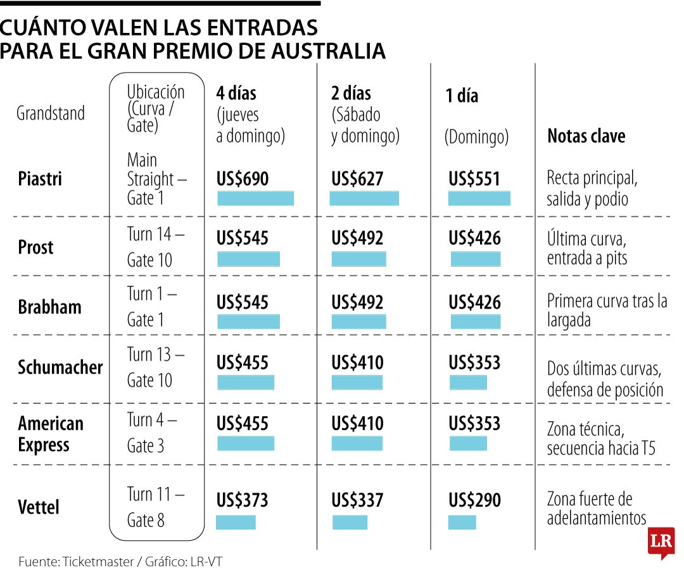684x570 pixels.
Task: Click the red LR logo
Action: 661,542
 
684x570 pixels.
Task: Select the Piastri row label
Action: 40,179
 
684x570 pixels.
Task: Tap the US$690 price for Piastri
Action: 243,179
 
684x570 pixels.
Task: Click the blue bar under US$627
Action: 364,198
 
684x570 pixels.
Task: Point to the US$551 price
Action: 474,179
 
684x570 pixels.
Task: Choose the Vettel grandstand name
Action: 39,507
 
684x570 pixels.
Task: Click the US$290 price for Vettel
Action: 474,500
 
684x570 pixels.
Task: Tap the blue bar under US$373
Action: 236,522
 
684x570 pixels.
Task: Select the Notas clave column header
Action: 586,136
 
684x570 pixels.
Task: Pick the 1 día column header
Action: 462,96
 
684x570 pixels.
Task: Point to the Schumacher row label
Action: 60,367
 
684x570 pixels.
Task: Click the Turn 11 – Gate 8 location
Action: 155,507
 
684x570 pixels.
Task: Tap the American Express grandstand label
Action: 51,434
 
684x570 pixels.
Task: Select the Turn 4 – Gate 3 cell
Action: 152,433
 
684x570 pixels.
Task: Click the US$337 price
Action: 357,500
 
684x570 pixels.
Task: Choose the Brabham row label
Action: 49,307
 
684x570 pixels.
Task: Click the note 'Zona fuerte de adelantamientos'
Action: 596,509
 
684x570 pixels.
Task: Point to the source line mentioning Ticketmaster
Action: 120,561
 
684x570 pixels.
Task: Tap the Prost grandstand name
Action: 35,247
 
